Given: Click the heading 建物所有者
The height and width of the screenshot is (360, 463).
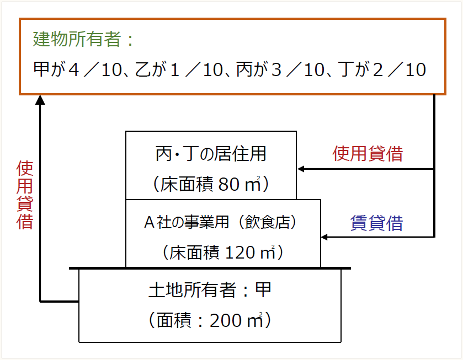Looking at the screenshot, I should pyautogui.click(x=77, y=40).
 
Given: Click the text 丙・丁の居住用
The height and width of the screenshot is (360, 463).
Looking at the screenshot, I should pyautogui.click(x=211, y=154).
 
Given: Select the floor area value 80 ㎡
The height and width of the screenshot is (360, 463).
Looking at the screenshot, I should pyautogui.click(x=239, y=184).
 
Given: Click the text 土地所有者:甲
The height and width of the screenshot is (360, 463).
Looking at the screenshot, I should pyautogui.click(x=210, y=290).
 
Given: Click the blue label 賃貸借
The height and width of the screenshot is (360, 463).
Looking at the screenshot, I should pyautogui.click(x=377, y=223).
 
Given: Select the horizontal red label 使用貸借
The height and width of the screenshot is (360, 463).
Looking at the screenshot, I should pyautogui.click(x=368, y=154).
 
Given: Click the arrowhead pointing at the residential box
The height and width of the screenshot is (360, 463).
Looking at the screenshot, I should pyautogui.click(x=301, y=169).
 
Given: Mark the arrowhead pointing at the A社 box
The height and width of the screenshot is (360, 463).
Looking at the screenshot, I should pyautogui.click(x=324, y=237).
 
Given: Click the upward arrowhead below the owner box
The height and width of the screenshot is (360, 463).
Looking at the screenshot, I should pyautogui.click(x=40, y=100).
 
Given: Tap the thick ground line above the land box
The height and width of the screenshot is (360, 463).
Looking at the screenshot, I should pyautogui.click(x=210, y=268).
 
